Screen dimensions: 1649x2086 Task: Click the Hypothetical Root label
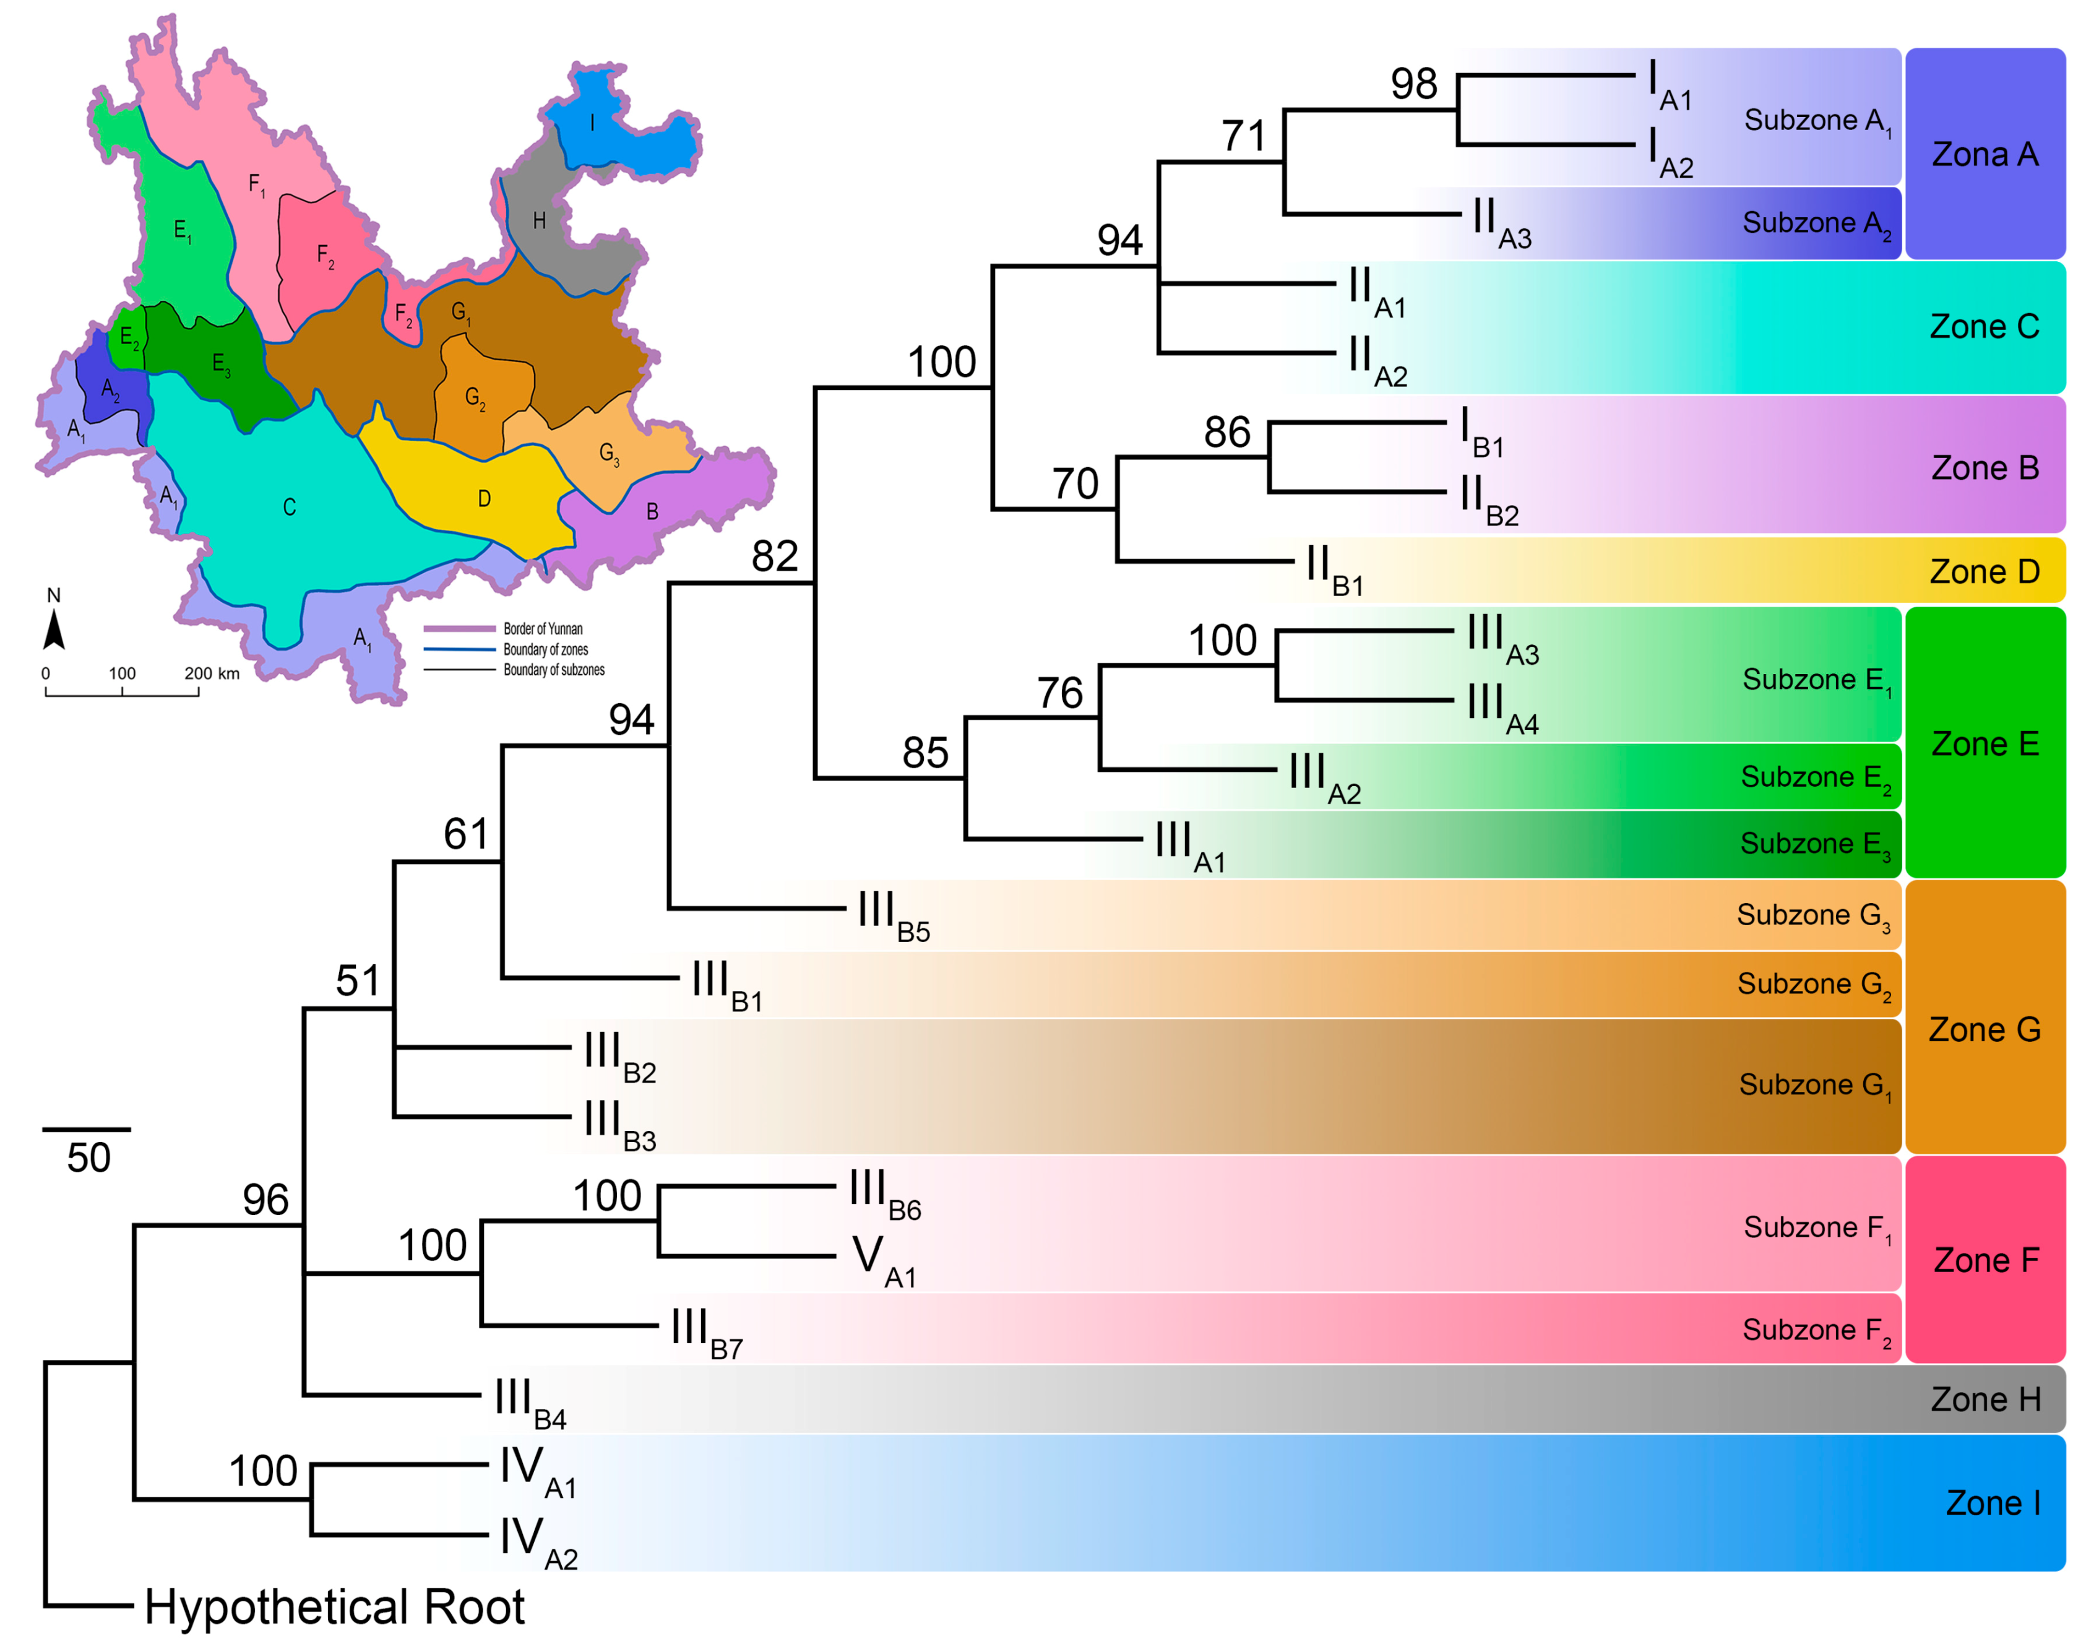pyautogui.click(x=334, y=1608)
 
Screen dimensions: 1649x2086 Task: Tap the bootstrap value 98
pyautogui.click(x=1413, y=85)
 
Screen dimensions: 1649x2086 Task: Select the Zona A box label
pyautogui.click(x=1985, y=155)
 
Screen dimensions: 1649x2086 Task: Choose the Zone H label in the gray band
pyautogui.click(x=1985, y=1399)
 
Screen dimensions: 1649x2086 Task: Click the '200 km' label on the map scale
pyautogui.click(x=212, y=673)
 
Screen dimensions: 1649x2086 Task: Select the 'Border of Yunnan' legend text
pyautogui.click(x=543, y=628)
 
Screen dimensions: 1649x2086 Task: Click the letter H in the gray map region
pyautogui.click(x=540, y=221)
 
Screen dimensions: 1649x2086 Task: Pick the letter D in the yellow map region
pyautogui.click(x=484, y=498)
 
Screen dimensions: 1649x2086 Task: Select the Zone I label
pyautogui.click(x=1993, y=1503)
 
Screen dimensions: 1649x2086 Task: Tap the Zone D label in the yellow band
pyautogui.click(x=1984, y=571)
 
